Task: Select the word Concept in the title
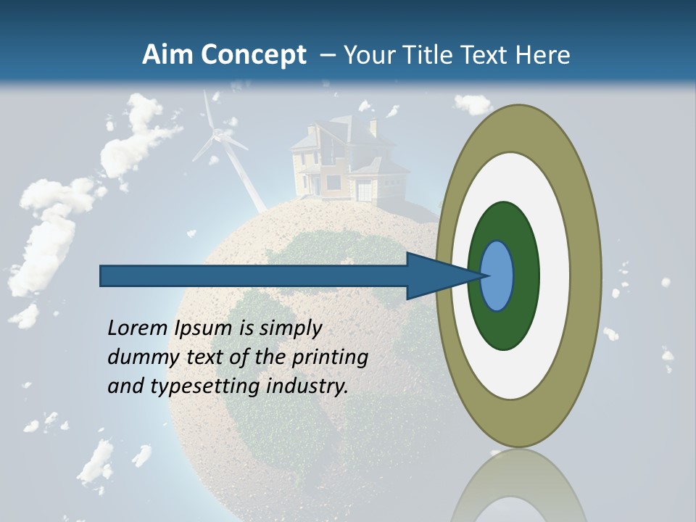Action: (253, 55)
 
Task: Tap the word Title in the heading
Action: (431, 55)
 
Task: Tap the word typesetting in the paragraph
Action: (205, 386)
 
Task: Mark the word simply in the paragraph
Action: (290, 328)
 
